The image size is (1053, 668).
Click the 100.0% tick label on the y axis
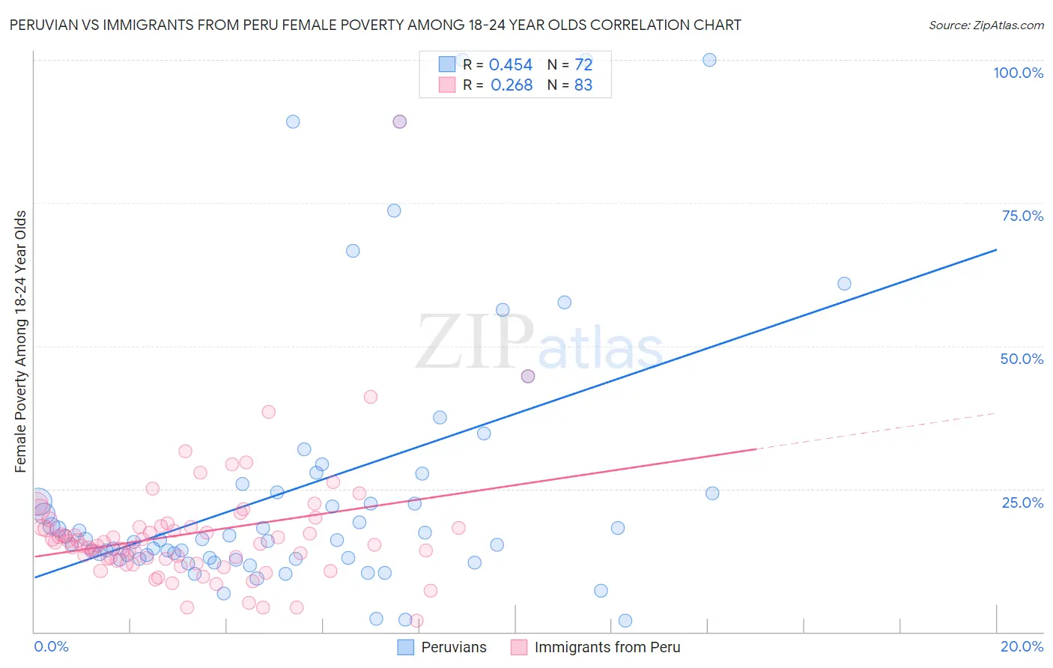1018,73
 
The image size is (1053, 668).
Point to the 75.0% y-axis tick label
1022,216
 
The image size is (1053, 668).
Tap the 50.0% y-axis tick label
1022,359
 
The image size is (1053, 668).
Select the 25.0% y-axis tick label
1022,502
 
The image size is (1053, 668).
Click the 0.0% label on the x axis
51,646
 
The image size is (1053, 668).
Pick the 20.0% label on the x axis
1022,646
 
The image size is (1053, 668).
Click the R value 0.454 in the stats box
510,65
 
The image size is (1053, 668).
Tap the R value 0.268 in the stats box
511,85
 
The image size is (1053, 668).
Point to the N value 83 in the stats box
583,85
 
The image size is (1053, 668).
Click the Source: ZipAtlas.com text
986,25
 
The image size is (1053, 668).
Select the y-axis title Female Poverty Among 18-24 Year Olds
21,341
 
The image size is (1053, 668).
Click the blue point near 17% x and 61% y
844,284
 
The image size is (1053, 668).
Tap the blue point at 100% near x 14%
709,60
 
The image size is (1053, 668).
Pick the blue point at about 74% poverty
394,210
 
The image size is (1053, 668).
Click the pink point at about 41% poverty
370,397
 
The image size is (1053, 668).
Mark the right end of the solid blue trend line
996,249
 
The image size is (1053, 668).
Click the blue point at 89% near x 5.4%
293,121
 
